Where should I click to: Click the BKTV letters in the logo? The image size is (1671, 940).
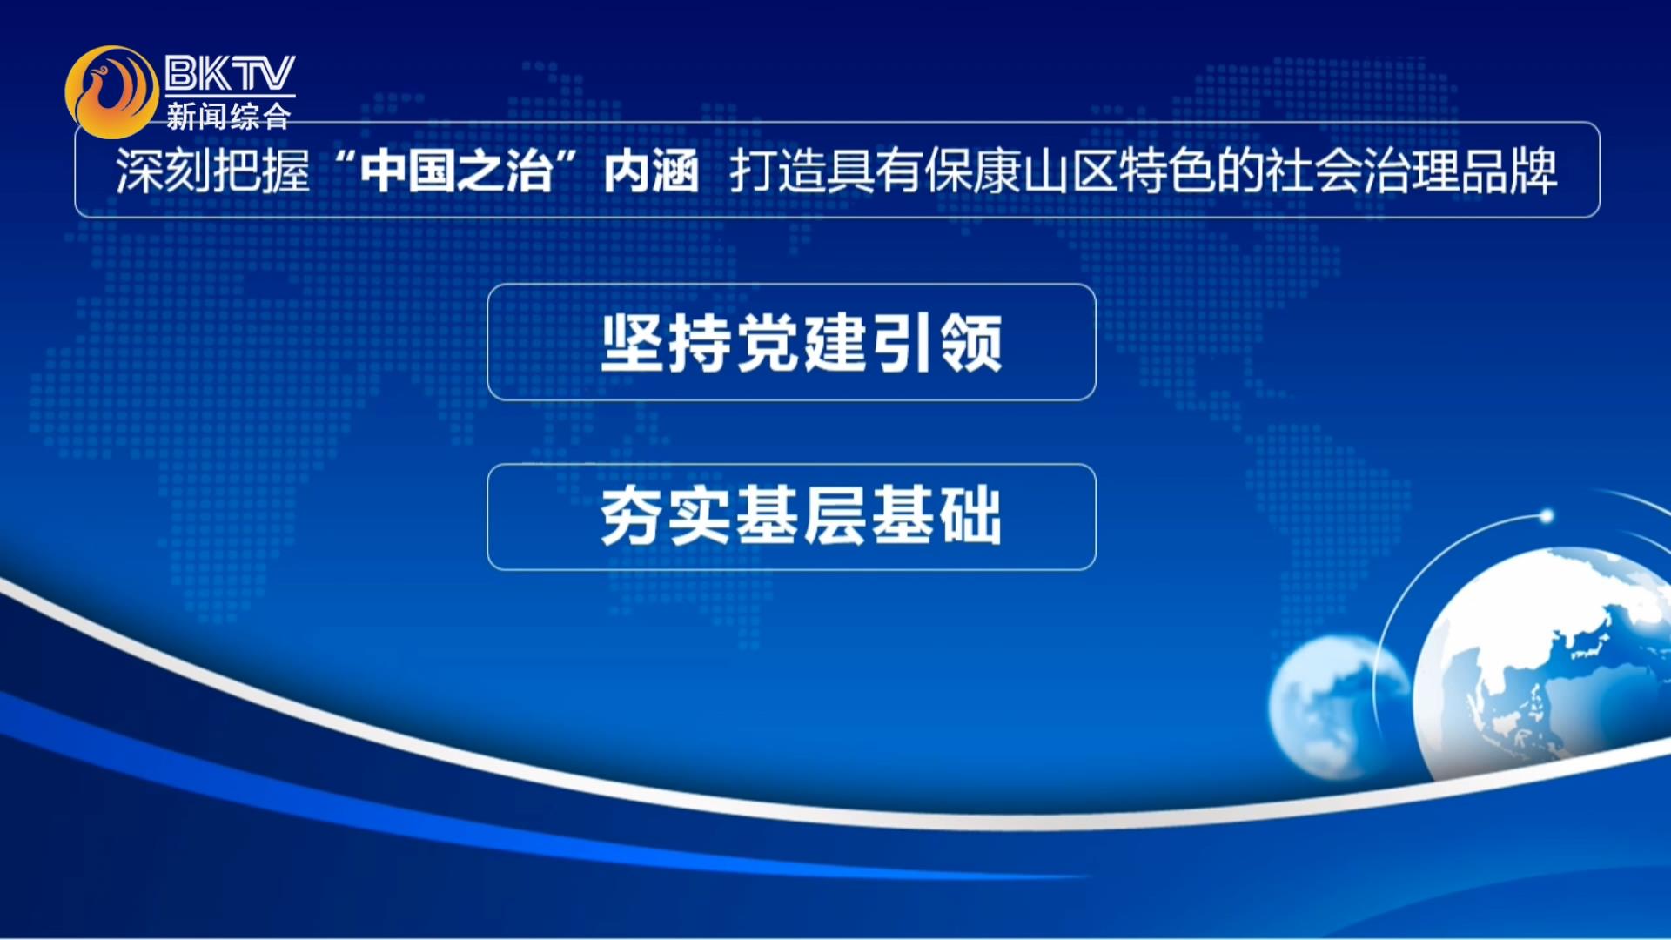230,73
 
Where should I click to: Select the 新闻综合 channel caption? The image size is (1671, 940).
229,116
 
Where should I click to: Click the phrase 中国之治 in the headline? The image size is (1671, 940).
457,171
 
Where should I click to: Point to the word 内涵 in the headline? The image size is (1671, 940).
651,171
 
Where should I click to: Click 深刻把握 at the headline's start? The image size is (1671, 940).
213,171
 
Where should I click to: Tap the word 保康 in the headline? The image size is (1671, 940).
973,171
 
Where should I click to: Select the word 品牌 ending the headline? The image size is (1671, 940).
1510,171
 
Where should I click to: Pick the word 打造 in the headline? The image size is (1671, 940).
778,171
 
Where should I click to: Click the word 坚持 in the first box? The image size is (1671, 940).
666,343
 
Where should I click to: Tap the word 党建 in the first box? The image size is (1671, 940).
802,343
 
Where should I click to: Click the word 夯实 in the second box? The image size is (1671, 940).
666,516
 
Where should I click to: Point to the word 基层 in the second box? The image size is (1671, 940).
802,516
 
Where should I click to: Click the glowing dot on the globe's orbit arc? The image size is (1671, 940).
1547,516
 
